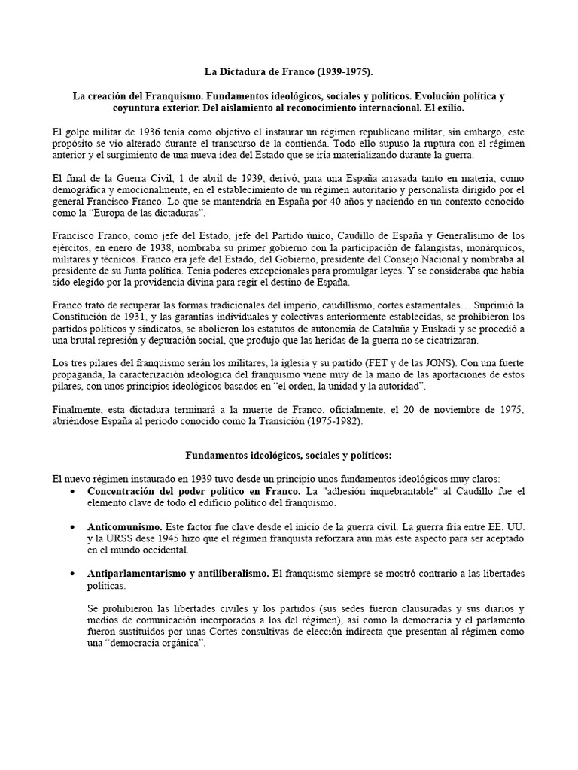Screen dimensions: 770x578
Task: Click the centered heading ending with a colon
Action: click(289, 456)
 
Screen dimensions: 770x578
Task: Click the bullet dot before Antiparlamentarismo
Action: click(71, 574)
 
